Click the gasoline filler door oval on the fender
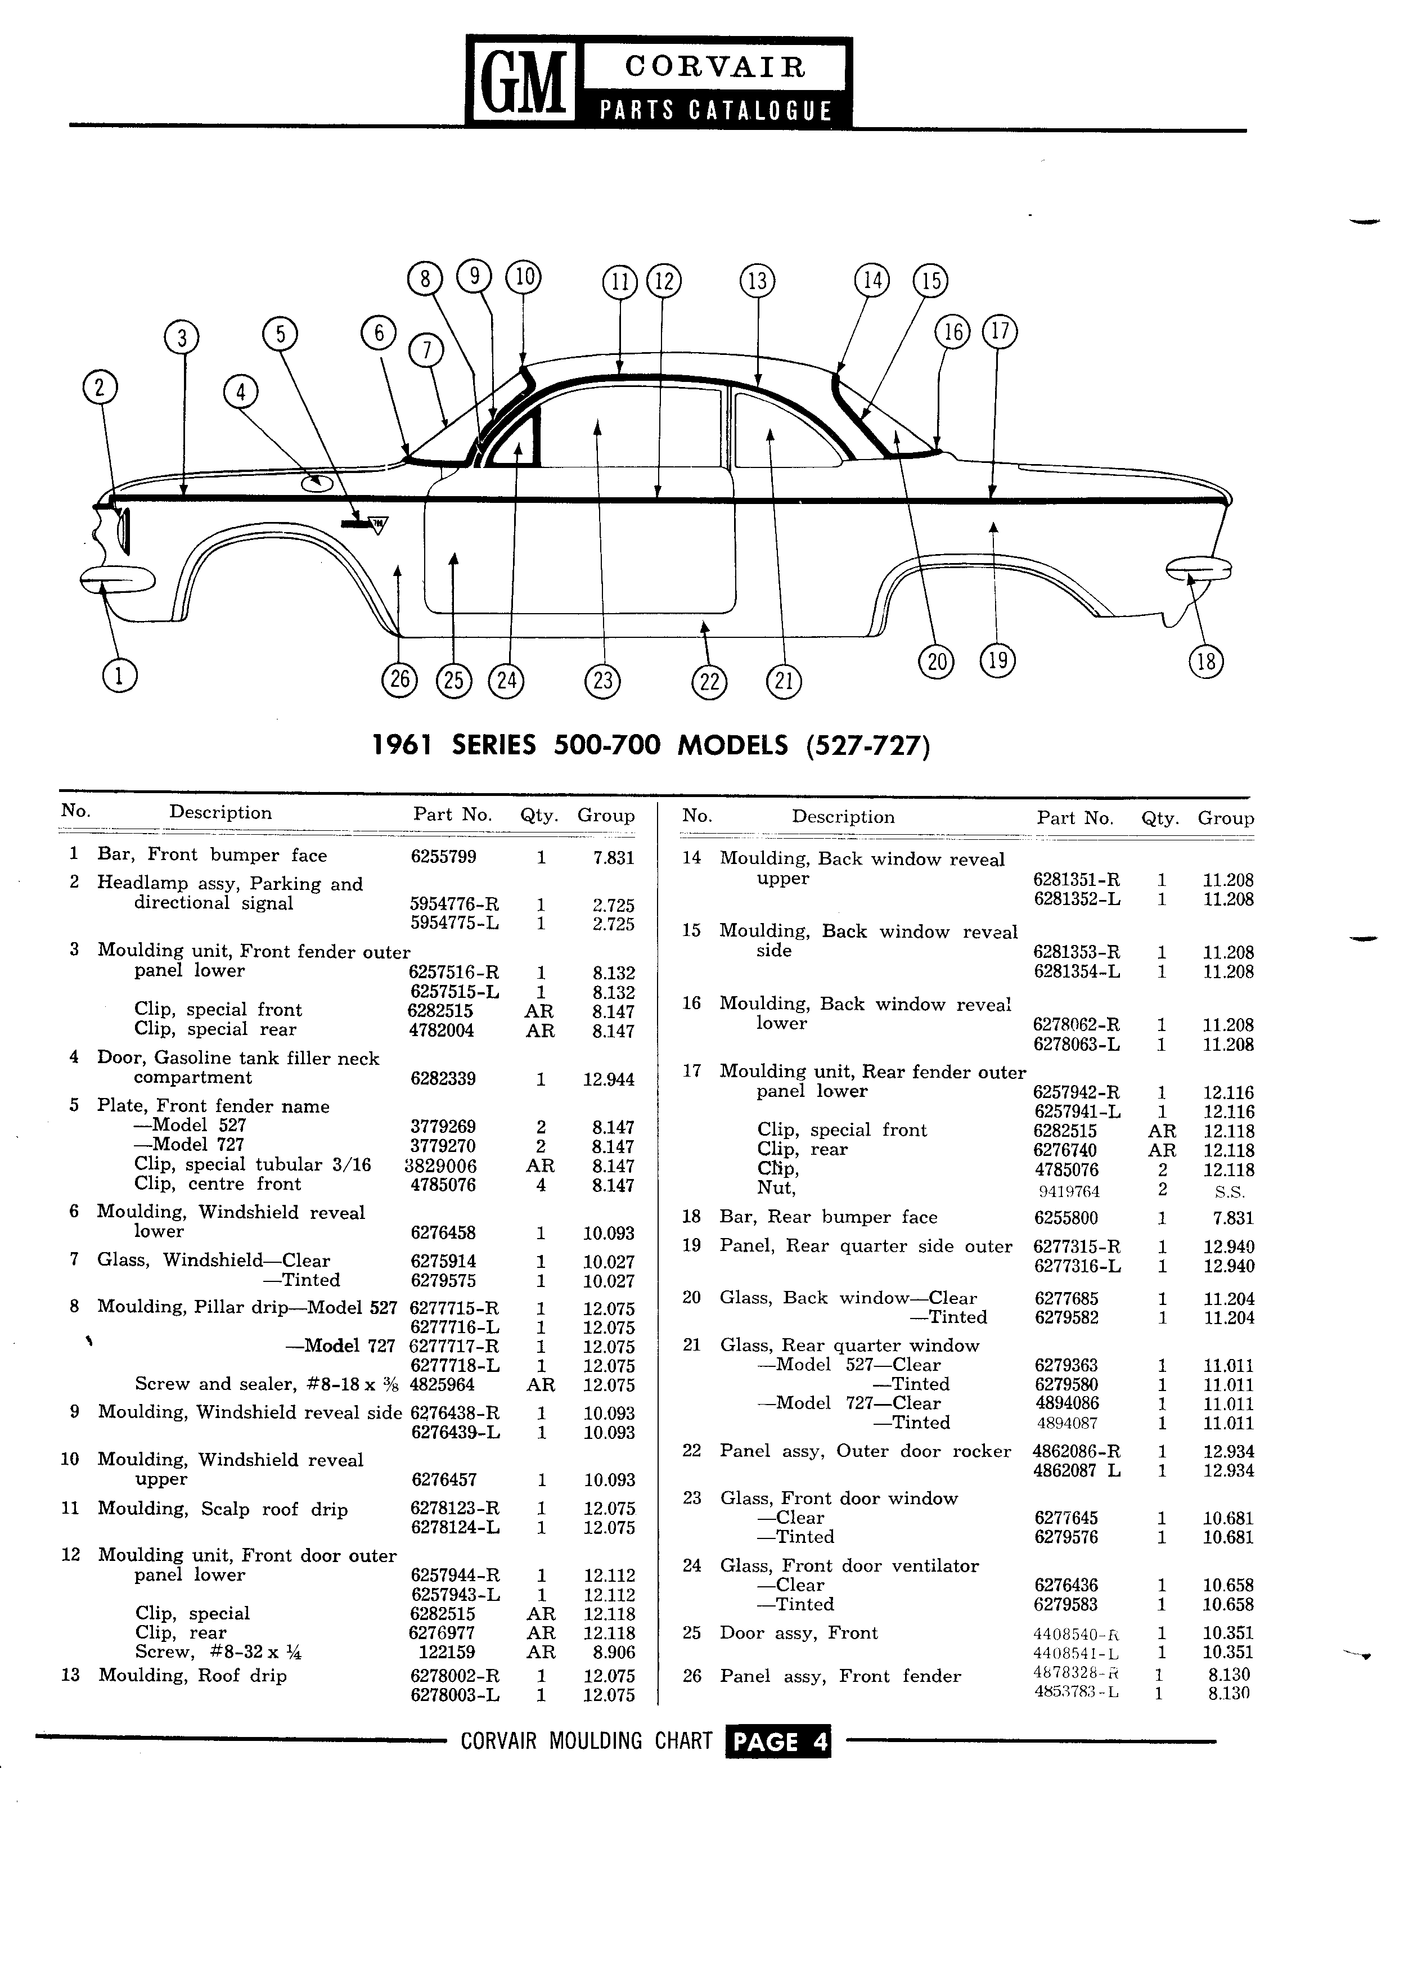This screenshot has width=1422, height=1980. [316, 482]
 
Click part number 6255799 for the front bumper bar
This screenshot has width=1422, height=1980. [443, 857]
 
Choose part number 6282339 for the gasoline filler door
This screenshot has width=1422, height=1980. [443, 1078]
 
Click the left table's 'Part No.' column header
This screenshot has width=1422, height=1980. [453, 814]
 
